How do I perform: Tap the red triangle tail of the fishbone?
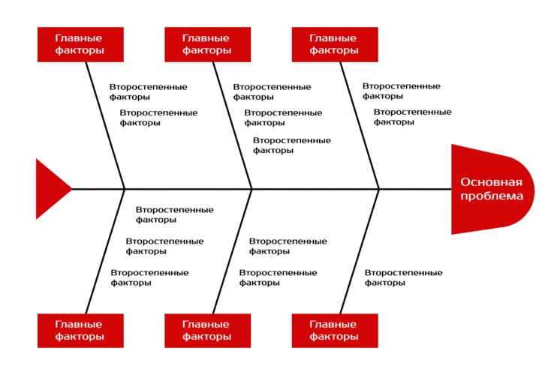click(x=53, y=189)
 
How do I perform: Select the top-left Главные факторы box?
click(x=80, y=44)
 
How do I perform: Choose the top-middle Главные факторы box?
click(x=208, y=44)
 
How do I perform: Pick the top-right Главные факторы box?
click(x=335, y=44)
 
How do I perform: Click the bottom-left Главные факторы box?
click(x=80, y=331)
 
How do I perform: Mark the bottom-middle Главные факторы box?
click(x=208, y=331)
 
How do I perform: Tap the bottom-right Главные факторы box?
click(x=335, y=331)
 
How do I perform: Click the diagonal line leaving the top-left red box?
click(x=105, y=126)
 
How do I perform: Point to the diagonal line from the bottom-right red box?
click(x=360, y=251)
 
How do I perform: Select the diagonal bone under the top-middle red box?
click(x=233, y=126)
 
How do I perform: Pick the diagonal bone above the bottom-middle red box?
click(x=233, y=251)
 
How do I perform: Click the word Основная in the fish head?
click(x=492, y=182)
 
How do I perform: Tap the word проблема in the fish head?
click(x=492, y=196)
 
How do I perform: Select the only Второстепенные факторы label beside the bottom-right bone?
click(x=403, y=277)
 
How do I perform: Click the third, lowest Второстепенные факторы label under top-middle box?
click(x=292, y=145)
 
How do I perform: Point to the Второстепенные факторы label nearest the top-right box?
click(x=401, y=91)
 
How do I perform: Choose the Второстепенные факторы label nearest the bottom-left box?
click(x=149, y=277)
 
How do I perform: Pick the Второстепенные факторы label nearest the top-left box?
click(x=148, y=91)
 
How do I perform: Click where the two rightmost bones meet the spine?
click(x=379, y=189)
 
